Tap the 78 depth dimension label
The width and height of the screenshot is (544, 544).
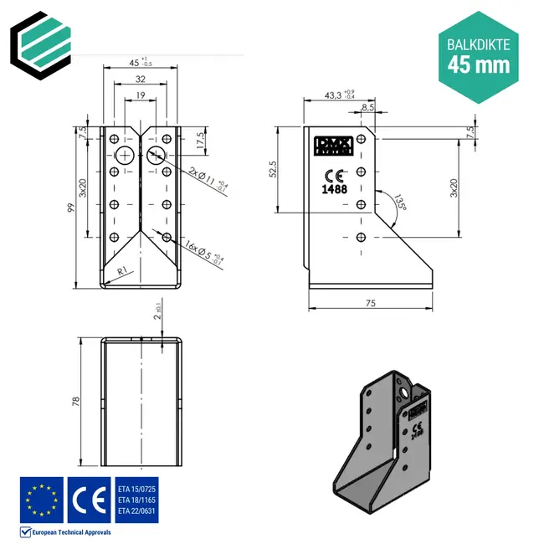[x=74, y=402]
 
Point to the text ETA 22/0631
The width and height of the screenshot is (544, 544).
[x=137, y=511]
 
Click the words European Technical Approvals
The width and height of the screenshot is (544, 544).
[x=71, y=531]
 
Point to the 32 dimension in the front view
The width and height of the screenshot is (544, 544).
[x=141, y=80]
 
